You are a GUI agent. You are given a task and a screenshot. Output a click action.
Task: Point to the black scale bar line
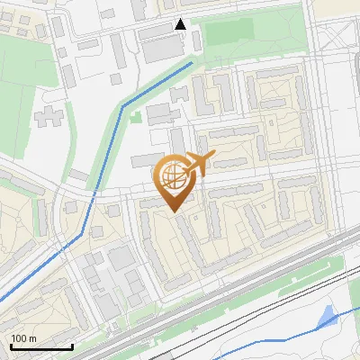(x=41, y=347)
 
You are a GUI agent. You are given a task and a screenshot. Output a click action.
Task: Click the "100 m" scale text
(x=24, y=338)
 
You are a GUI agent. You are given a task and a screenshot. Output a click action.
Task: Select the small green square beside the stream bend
(x=135, y=115)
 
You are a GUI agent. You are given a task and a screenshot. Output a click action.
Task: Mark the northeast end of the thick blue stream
(x=192, y=63)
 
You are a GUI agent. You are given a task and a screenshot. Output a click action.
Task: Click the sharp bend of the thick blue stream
(x=121, y=105)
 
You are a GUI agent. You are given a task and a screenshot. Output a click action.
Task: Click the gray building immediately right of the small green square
(x=157, y=114)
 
